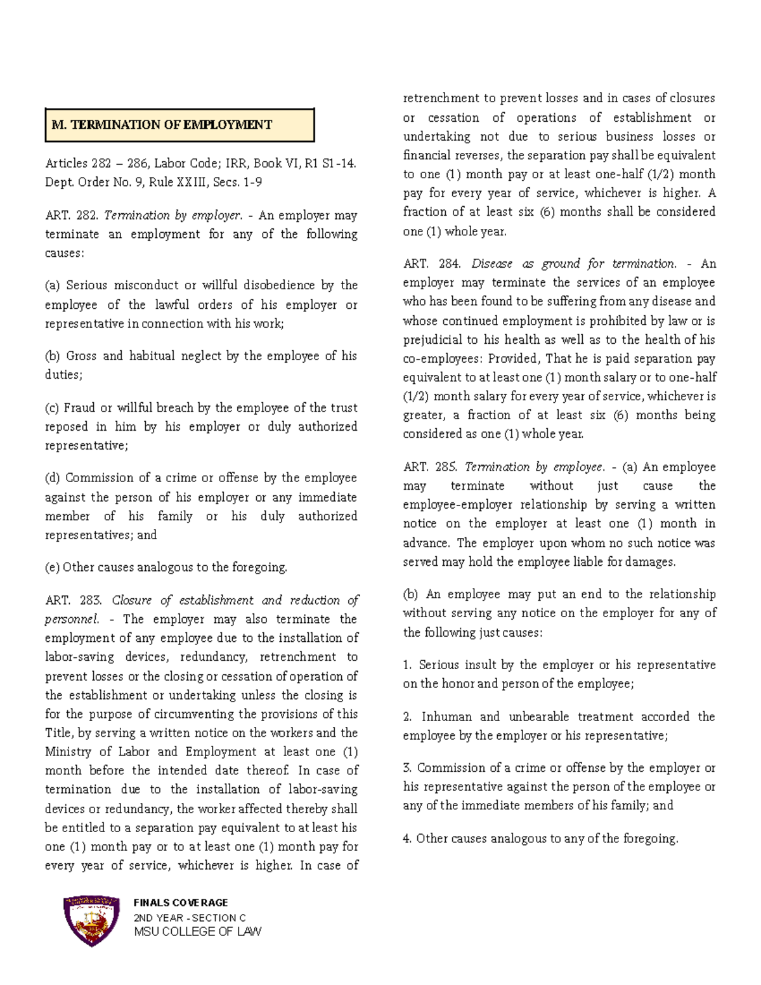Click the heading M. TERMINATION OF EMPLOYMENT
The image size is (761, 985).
(x=162, y=125)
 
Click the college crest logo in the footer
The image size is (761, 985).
(x=91, y=920)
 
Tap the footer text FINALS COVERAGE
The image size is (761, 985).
(x=181, y=903)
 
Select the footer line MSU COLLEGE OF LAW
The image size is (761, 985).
(x=197, y=932)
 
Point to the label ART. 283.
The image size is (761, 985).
(x=72, y=601)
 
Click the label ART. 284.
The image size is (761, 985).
(x=429, y=264)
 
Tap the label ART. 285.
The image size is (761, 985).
(x=429, y=467)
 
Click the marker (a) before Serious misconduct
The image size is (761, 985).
(x=53, y=285)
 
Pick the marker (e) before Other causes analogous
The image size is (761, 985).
(x=52, y=568)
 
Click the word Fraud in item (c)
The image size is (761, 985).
(x=79, y=408)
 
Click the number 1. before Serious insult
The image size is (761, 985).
(x=407, y=665)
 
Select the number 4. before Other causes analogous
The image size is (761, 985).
(x=407, y=838)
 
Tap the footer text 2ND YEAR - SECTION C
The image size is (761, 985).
(x=190, y=918)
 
